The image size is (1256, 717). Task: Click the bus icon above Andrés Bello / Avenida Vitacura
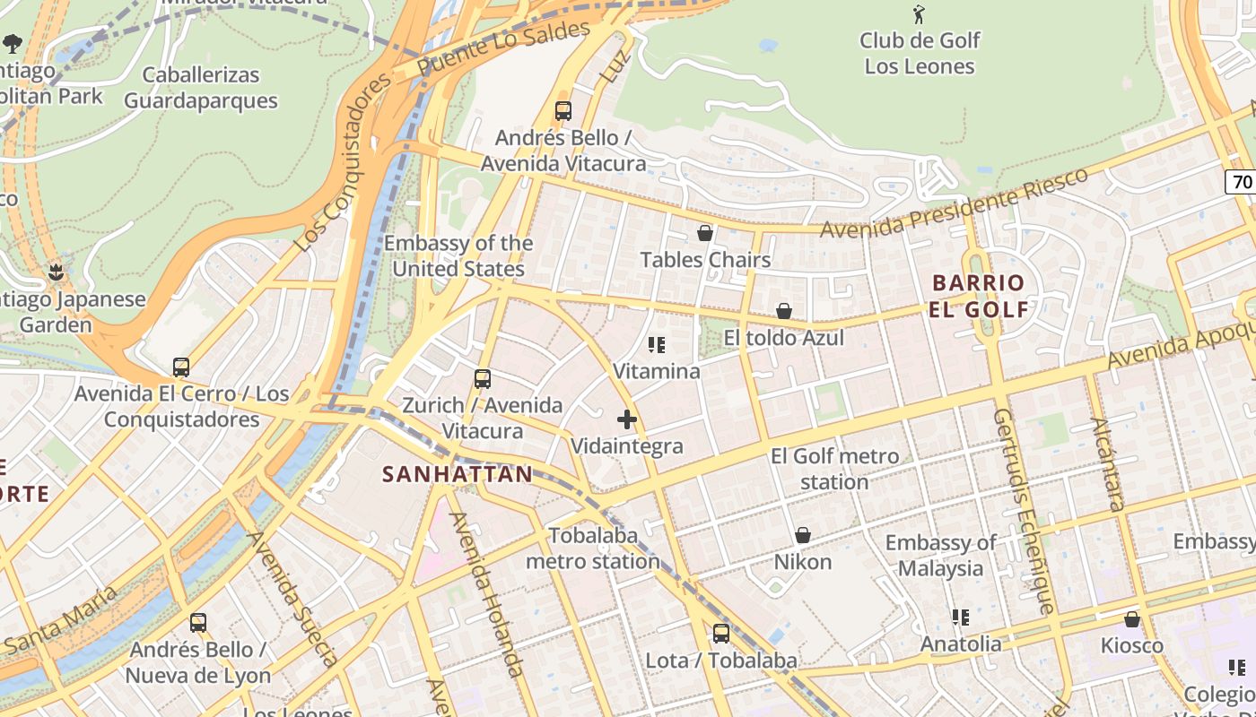pyautogui.click(x=563, y=111)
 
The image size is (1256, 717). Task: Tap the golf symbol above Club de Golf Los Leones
pyautogui.click(x=919, y=14)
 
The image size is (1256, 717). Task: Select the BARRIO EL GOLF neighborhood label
pyautogui.click(x=980, y=297)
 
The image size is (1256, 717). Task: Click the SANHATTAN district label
pyautogui.click(x=458, y=474)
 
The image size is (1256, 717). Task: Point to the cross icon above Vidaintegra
pyautogui.click(x=627, y=419)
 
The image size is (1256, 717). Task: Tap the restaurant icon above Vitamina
pyautogui.click(x=657, y=344)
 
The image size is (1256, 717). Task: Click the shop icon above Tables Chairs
pyautogui.click(x=705, y=233)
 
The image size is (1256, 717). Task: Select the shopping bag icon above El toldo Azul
pyautogui.click(x=784, y=311)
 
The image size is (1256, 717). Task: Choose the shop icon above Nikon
pyautogui.click(x=803, y=535)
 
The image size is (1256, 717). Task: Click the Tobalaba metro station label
pyautogui.click(x=593, y=549)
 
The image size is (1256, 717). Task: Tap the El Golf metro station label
pyautogui.click(x=834, y=469)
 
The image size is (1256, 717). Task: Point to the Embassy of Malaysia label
pyautogui.click(x=940, y=556)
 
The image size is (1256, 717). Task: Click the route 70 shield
pyautogui.click(x=1242, y=182)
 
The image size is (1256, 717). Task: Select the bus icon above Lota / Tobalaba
pyautogui.click(x=721, y=634)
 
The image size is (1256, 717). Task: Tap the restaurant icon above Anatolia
pyautogui.click(x=961, y=618)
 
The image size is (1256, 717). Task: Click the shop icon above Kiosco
pyautogui.click(x=1132, y=619)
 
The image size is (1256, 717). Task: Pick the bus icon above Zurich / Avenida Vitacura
pyautogui.click(x=483, y=379)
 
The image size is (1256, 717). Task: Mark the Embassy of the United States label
pyautogui.click(x=458, y=255)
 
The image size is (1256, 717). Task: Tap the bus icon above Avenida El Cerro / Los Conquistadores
pyautogui.click(x=181, y=367)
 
